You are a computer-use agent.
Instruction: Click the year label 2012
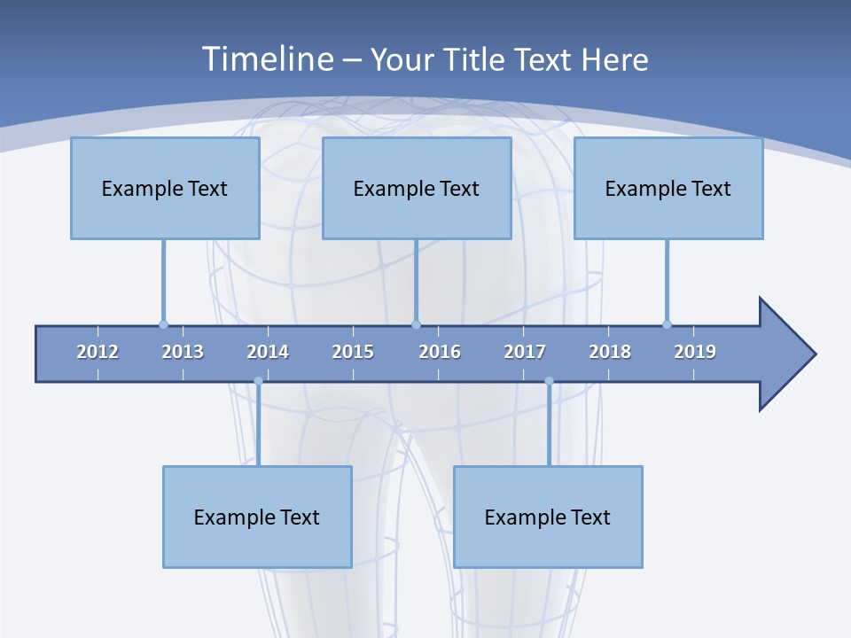98,352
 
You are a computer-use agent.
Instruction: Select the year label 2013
183,352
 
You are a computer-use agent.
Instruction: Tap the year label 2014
268,352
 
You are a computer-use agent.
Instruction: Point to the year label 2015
353,352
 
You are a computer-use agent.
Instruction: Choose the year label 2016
440,352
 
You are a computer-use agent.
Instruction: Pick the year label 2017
525,352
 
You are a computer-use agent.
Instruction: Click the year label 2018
610,352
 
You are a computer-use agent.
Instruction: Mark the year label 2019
695,352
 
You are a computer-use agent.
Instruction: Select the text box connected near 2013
165,188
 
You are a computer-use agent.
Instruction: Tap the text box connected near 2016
417,188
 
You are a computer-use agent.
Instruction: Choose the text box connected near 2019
668,188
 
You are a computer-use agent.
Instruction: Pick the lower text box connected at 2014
257,517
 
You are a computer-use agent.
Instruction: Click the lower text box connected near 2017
548,517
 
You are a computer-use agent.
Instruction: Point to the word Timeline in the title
266,59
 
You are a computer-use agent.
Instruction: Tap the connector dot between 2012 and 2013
163,324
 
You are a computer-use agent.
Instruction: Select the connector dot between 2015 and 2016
417,324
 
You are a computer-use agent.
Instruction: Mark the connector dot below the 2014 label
258,381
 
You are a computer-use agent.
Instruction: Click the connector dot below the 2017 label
549,381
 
